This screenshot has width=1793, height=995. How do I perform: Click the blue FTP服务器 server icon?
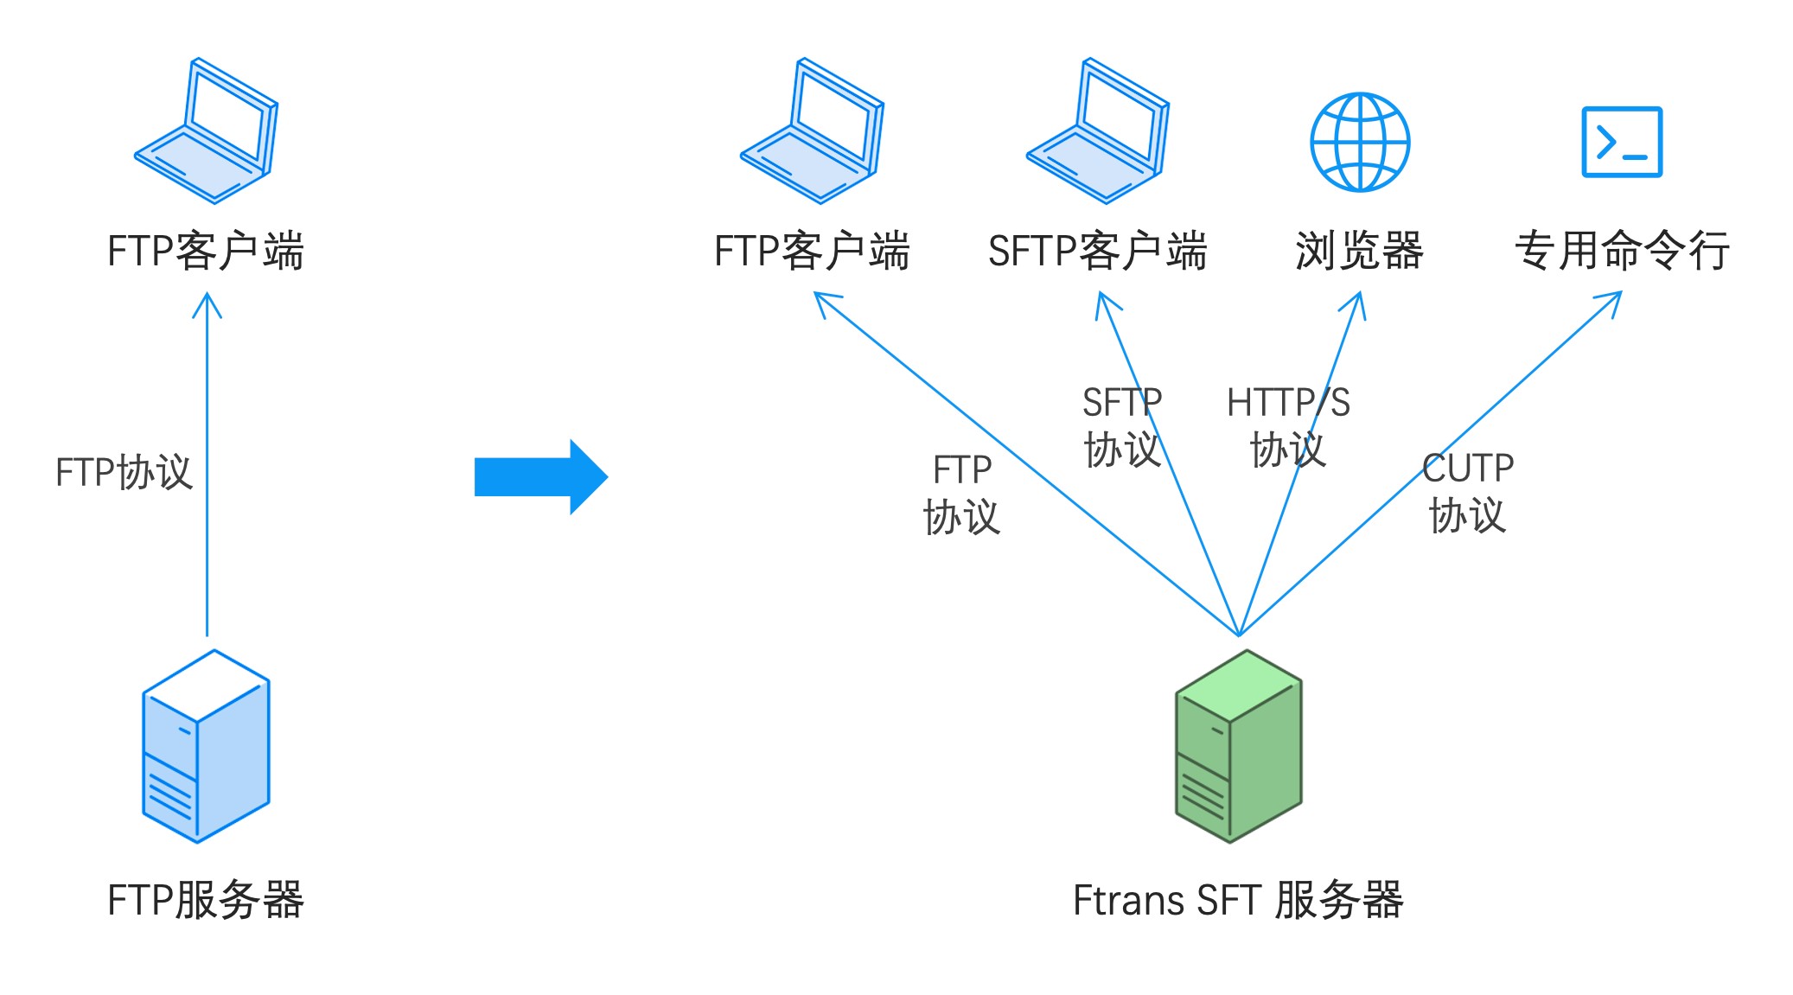pyautogui.click(x=206, y=746)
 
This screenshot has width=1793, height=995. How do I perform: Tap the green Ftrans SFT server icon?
pyautogui.click(x=1238, y=746)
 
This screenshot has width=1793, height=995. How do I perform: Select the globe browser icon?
pyautogui.click(x=1359, y=142)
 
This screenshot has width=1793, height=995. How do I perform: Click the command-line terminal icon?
pyautogui.click(x=1621, y=142)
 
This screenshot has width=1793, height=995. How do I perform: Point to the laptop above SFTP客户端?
pyautogui.click(x=1097, y=131)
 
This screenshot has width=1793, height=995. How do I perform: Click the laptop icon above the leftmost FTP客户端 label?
pyautogui.click(x=206, y=131)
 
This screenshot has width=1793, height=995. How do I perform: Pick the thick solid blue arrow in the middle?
pyautogui.click(x=541, y=476)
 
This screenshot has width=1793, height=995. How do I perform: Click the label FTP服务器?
pyautogui.click(x=206, y=900)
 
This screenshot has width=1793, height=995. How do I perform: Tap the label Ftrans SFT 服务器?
pyautogui.click(x=1238, y=900)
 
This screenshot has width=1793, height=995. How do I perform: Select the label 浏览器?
pyautogui.click(x=1359, y=251)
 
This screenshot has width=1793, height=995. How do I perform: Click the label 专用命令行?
pyautogui.click(x=1621, y=251)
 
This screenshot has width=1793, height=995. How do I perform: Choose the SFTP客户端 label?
pyautogui.click(x=1097, y=251)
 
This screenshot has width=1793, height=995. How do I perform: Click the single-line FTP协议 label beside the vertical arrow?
pyautogui.click(x=124, y=472)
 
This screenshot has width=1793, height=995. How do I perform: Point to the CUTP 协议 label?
pyautogui.click(x=1467, y=492)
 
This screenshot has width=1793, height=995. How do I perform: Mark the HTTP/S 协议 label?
pyautogui.click(x=1287, y=426)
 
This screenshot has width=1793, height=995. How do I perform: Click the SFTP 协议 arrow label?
pyautogui.click(x=1121, y=426)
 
